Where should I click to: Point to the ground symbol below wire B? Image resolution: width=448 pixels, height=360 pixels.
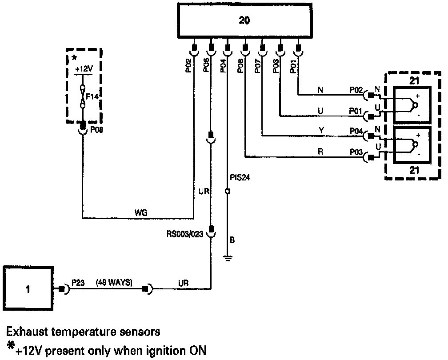click(228, 258)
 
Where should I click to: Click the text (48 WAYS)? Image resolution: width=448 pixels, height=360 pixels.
click(114, 282)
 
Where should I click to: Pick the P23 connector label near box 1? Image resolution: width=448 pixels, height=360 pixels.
click(78, 282)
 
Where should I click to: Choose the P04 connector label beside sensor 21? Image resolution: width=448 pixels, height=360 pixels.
click(356, 131)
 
